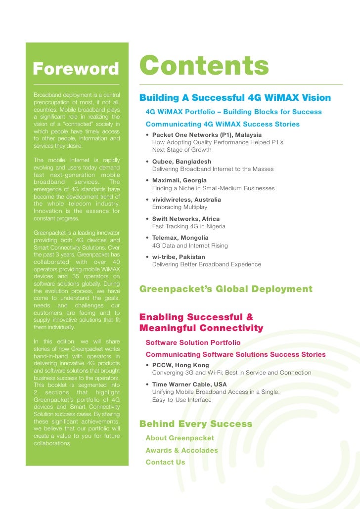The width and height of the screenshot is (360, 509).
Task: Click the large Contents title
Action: pos(204,66)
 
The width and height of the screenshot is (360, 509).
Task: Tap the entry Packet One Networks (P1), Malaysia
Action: pos(207,135)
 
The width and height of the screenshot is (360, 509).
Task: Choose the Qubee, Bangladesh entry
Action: pos(181,162)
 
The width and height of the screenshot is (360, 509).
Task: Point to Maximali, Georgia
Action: pos(179,180)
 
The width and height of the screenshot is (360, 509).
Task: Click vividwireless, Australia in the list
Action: pos(186,200)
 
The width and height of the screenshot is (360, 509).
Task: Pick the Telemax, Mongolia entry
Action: pos(180,238)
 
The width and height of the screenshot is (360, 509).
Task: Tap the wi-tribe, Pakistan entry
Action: pos(178,257)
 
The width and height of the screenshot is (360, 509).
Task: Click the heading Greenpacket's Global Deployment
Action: pos(226,289)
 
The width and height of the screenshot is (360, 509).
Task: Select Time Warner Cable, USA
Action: pos(189,384)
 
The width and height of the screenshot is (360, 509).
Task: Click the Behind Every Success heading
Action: pos(196,424)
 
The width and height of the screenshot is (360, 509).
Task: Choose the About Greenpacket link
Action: pos(180,438)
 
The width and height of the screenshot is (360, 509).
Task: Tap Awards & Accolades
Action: pos(181,450)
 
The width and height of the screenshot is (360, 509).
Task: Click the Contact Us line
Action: pos(165,463)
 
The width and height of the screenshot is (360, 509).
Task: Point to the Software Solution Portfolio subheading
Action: pos(193,342)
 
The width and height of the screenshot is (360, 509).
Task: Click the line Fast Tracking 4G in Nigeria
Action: pos(188,226)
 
